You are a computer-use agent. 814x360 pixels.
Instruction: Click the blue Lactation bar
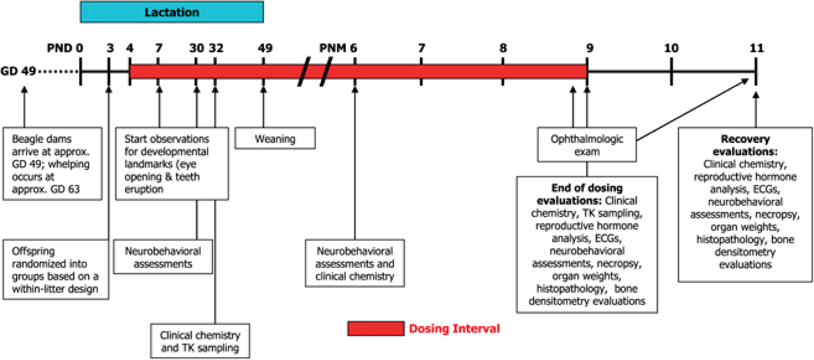pyautogui.click(x=172, y=12)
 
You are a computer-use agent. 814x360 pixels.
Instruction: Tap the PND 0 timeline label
pyautogui.click(x=65, y=48)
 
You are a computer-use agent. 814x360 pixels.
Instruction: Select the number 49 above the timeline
pyautogui.click(x=265, y=48)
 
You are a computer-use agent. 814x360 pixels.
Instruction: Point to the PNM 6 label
pyautogui.click(x=338, y=48)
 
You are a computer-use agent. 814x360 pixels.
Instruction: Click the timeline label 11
pyautogui.click(x=757, y=48)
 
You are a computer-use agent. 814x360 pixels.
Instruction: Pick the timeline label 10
pyautogui.click(x=671, y=48)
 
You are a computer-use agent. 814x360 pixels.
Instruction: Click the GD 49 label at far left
pyautogui.click(x=18, y=71)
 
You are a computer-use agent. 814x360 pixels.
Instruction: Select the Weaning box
pyautogui.click(x=275, y=138)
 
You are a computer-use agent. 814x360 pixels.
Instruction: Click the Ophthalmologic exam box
pyautogui.click(x=587, y=144)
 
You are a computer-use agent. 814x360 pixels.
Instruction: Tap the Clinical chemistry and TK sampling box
pyautogui.click(x=200, y=341)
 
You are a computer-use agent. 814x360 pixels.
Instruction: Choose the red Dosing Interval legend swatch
pyautogui.click(x=375, y=328)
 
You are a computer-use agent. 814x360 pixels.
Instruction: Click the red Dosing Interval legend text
pyautogui.click(x=454, y=328)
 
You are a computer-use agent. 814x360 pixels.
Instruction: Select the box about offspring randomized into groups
pyautogui.click(x=56, y=269)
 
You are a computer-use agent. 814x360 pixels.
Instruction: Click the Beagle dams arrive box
pyautogui.click(x=53, y=164)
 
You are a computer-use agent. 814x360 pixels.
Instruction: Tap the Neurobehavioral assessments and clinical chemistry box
pyautogui.click(x=355, y=263)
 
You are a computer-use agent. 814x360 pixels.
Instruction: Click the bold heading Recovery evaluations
pyautogui.click(x=745, y=145)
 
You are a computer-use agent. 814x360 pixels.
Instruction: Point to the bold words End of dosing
pyautogui.click(x=587, y=188)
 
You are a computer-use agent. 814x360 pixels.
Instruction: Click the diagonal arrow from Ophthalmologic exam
pyautogui.click(x=693, y=109)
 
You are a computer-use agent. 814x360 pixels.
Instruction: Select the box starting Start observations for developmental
pyautogui.click(x=172, y=164)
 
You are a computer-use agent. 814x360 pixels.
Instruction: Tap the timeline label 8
pyautogui.click(x=503, y=48)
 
